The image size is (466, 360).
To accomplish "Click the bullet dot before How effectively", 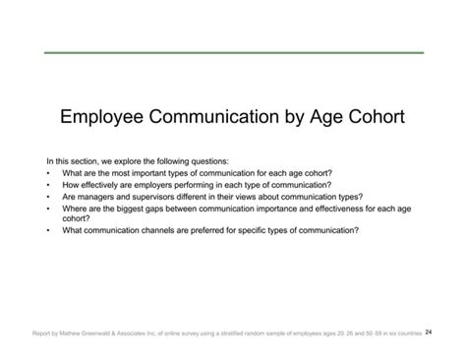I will [48, 184].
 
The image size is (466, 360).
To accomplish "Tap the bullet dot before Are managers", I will [48, 196].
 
